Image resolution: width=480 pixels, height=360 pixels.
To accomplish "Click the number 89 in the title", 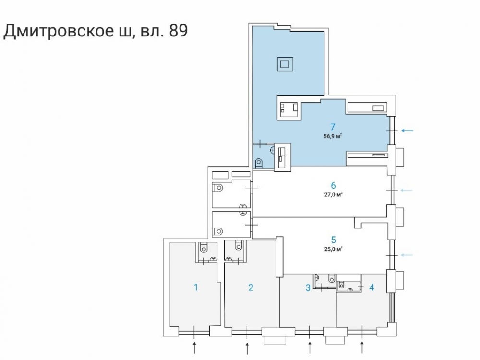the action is (x=178, y=31).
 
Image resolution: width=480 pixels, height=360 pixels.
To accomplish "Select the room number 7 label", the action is (x=333, y=126).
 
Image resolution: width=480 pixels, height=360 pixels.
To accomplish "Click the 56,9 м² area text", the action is (x=333, y=136).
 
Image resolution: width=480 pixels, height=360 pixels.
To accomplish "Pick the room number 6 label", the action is (x=334, y=185).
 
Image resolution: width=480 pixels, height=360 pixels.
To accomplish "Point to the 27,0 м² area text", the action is (x=334, y=194).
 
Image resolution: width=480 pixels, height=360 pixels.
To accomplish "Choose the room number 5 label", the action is (x=334, y=240).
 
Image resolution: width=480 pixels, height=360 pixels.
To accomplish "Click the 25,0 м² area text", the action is (x=334, y=249).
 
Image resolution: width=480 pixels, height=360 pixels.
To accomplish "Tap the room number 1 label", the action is (x=196, y=288).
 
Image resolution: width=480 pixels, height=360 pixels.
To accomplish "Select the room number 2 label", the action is (x=251, y=288).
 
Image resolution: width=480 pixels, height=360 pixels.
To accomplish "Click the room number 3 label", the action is (x=308, y=288).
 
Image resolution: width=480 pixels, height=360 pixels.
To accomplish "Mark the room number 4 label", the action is (x=372, y=288).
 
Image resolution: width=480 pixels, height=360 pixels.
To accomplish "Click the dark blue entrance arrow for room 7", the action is (x=408, y=131).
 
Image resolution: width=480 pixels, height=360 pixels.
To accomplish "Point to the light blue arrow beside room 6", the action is (x=407, y=190).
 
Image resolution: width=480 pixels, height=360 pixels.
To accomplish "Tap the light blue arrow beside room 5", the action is (x=407, y=255).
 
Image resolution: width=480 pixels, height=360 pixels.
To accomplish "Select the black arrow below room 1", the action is (x=194, y=348).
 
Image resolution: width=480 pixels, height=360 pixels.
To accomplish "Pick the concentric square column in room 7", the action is (x=285, y=64).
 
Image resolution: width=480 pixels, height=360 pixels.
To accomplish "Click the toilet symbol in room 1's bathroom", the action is (x=204, y=247).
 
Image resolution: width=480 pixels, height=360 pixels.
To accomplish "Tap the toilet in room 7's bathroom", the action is (x=259, y=162).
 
